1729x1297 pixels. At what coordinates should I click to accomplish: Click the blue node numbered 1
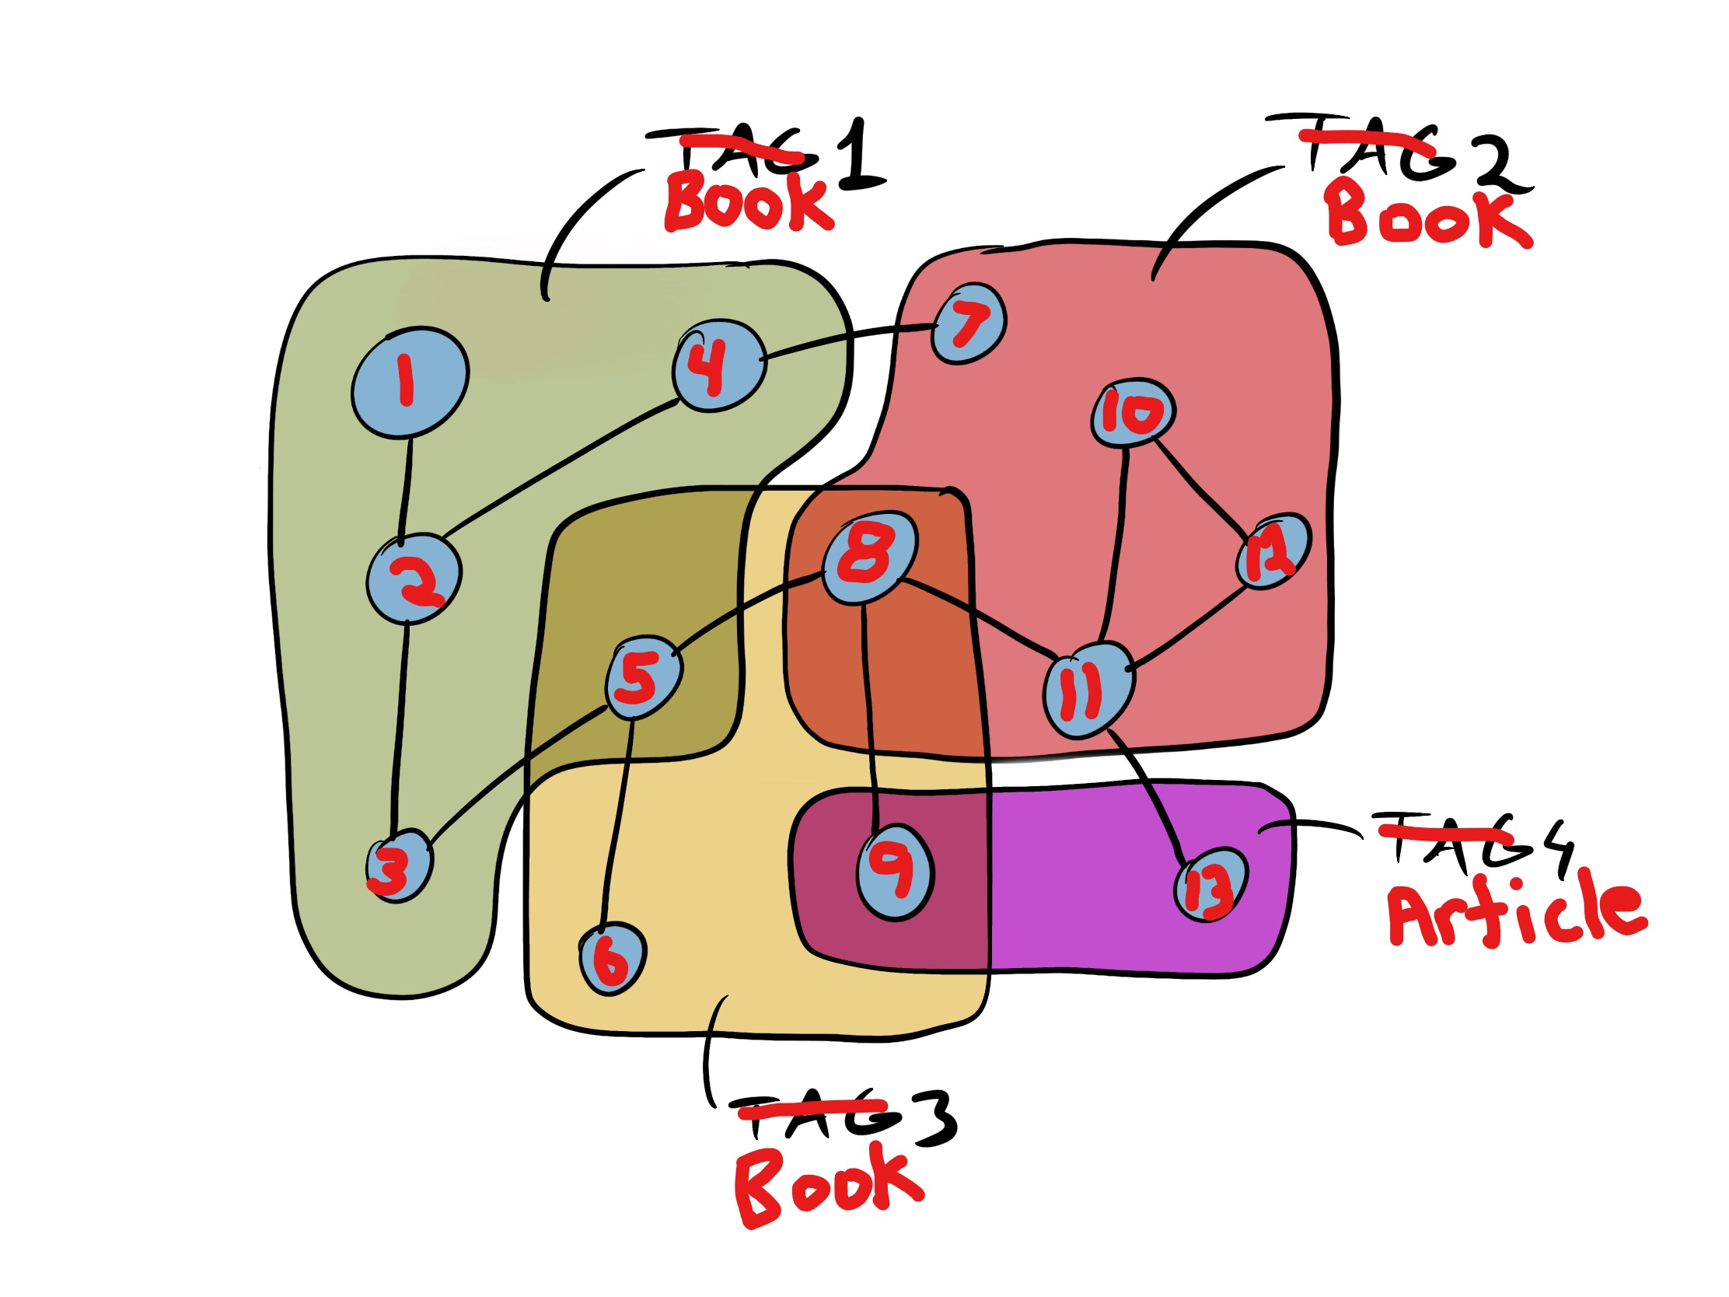tap(410, 382)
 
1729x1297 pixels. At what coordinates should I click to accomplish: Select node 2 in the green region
tap(414, 579)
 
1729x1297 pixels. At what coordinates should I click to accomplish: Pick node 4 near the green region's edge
tap(719, 365)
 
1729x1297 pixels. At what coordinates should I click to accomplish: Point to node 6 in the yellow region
tap(612, 960)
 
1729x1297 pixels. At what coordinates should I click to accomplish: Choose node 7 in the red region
tap(969, 323)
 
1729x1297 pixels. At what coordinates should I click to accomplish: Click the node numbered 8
tap(869, 557)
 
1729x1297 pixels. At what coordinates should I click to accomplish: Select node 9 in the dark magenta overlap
tap(895, 872)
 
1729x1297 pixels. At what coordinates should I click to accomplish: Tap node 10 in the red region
tap(1133, 413)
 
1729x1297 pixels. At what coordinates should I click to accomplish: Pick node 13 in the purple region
tap(1210, 885)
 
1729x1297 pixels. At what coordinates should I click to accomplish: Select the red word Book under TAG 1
tap(749, 202)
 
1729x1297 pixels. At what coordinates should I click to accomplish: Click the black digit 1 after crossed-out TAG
tap(860, 156)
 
